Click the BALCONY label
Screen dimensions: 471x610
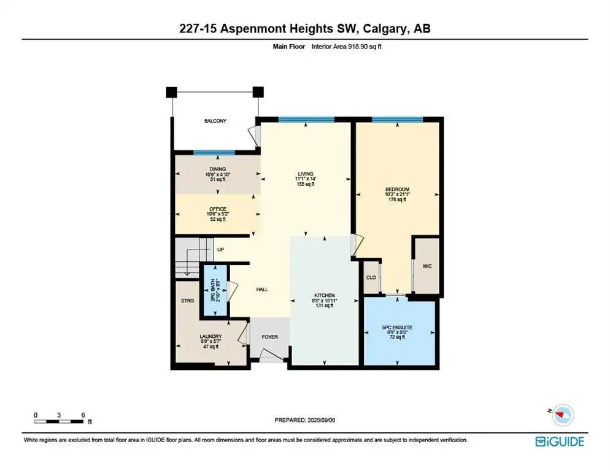[215, 121]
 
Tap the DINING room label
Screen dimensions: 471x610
[217, 169]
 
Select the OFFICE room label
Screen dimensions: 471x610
[217, 209]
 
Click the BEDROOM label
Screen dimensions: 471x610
[398, 189]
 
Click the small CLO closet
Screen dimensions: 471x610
[371, 277]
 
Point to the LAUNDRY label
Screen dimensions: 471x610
[210, 337]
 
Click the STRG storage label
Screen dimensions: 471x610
[187, 301]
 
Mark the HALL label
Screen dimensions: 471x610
[262, 289]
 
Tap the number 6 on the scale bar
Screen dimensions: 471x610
[83, 415]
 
